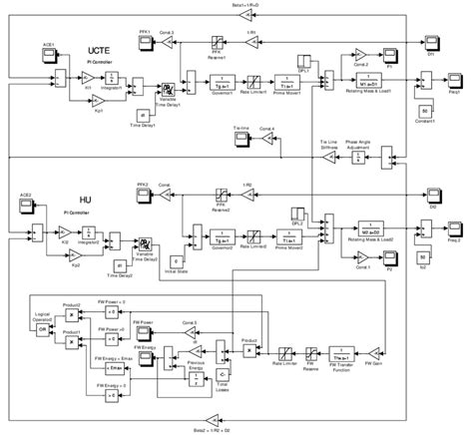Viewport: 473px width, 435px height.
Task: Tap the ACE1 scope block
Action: [45, 56]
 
